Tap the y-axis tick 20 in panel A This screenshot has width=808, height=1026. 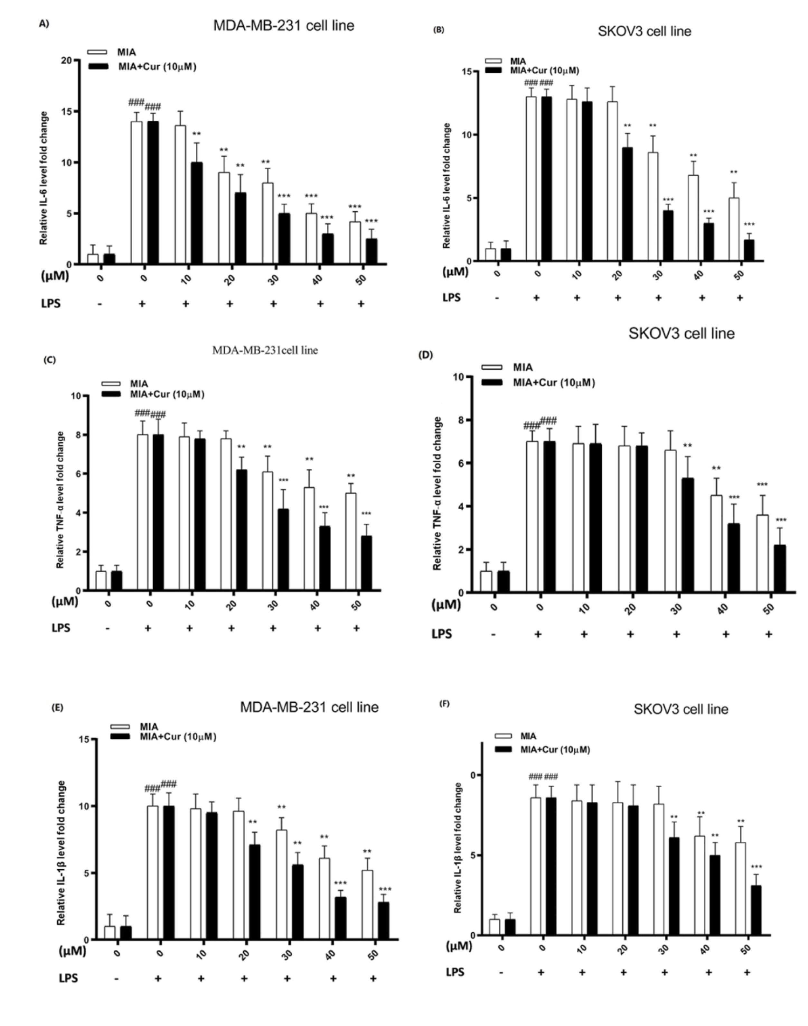67,60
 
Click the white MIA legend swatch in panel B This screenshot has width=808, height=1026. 493,61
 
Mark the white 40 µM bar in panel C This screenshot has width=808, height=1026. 309,539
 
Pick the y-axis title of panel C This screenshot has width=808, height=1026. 60,499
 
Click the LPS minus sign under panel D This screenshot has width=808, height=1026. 493,634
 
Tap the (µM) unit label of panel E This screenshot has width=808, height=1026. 72,951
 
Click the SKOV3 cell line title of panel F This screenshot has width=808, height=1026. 681,709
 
